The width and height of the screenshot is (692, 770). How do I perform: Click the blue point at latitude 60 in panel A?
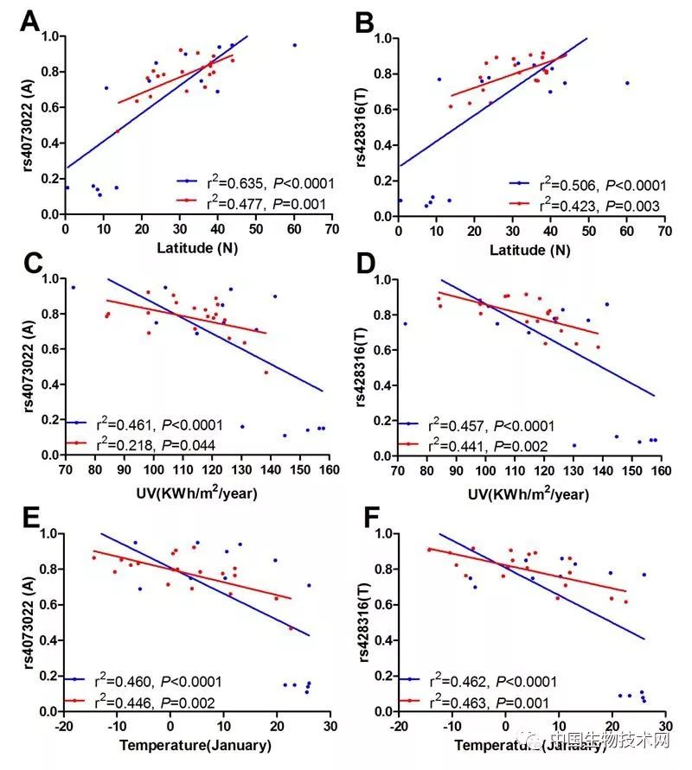294,45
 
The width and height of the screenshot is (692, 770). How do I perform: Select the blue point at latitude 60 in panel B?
627,83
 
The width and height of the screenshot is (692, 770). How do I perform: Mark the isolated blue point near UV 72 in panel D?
405,323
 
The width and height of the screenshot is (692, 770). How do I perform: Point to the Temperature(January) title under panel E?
195,745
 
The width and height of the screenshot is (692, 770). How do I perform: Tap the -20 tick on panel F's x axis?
396,727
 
